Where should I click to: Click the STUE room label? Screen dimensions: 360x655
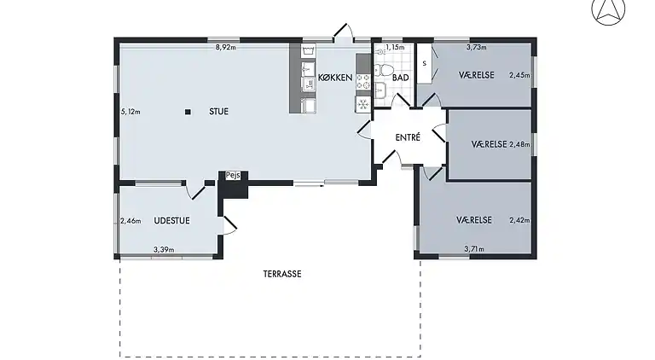(219, 112)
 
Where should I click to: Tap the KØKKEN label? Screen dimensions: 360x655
(335, 78)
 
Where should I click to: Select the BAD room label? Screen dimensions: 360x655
(400, 78)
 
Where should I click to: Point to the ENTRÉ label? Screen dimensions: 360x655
(409, 137)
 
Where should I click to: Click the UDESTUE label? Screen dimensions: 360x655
(171, 221)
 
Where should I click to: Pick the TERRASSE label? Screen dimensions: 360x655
(283, 274)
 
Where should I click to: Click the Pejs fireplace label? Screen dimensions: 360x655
(233, 176)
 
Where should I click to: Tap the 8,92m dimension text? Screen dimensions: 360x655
(224, 48)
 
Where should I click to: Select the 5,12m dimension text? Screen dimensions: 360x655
(130, 112)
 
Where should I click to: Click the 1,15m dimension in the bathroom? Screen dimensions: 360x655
(393, 48)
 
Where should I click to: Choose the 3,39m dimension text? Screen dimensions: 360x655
(163, 249)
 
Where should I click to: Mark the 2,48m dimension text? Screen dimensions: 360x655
(519, 144)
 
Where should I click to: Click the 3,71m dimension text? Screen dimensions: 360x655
(474, 249)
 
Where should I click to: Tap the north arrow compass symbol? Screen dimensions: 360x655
(607, 11)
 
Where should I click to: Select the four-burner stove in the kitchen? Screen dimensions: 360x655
(362, 82)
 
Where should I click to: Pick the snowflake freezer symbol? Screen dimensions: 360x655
(362, 104)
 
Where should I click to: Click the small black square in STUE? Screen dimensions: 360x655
(188, 112)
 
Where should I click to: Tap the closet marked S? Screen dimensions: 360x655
(423, 63)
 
